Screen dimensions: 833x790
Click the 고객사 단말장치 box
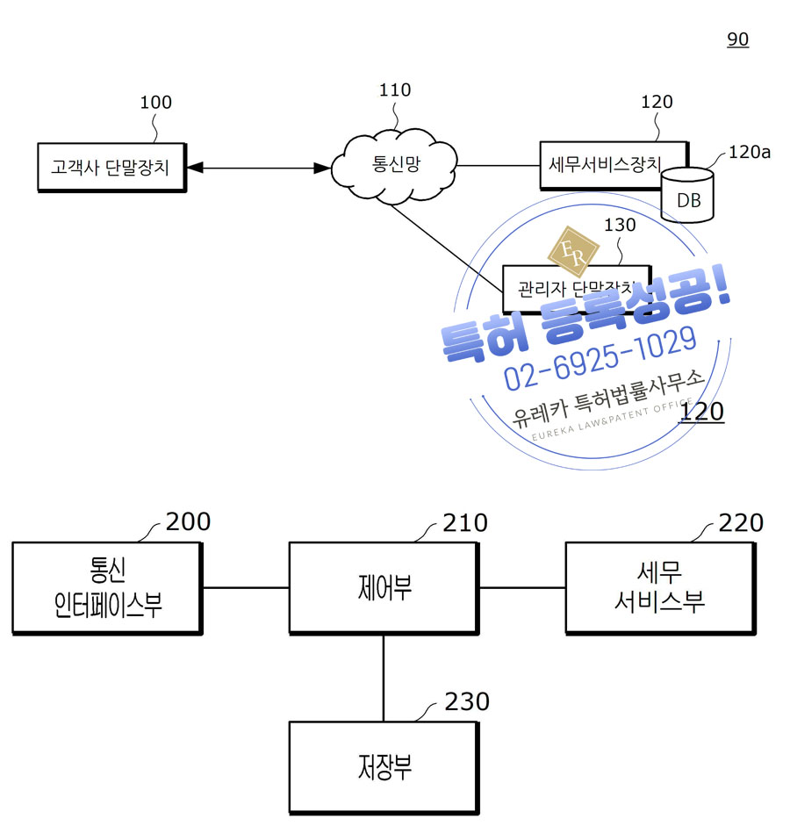pos(111,167)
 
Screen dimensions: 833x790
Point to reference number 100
pos(156,103)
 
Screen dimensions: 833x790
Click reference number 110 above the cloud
pos(394,90)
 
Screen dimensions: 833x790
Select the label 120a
pos(749,152)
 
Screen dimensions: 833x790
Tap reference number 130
pos(620,225)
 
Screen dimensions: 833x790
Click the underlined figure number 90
pos(737,39)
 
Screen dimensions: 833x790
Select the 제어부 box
pos(384,587)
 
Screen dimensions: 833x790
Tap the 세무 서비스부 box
pos(659,587)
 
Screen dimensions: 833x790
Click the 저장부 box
pos(384,767)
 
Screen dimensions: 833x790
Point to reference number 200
pos(188,521)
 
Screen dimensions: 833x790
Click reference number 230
pos(466,701)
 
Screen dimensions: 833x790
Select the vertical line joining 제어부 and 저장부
pos(384,677)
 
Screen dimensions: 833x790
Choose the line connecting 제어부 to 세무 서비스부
pos(521,587)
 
